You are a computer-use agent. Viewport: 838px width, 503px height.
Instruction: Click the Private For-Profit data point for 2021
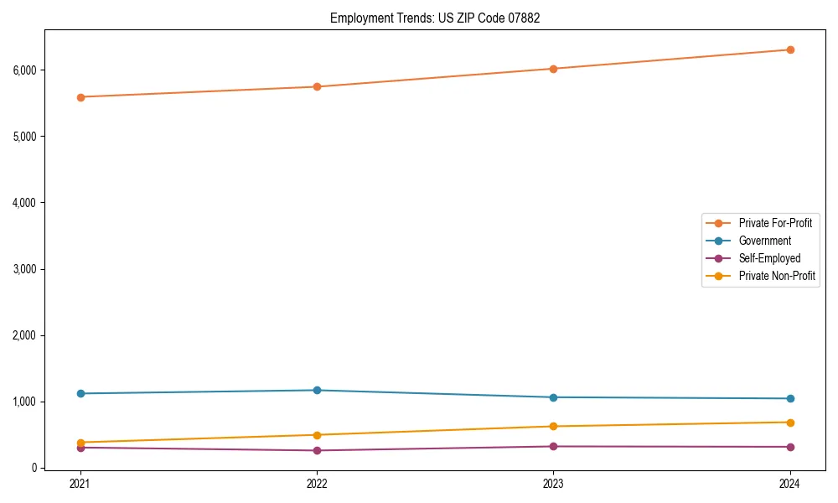coord(80,97)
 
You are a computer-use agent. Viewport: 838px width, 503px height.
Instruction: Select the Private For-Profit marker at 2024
coord(790,49)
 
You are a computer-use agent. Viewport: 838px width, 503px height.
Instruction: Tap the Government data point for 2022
coord(317,390)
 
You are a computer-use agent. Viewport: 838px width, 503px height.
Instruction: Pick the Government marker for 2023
coord(554,397)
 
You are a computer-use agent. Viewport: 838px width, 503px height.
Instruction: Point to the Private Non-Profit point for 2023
coord(554,426)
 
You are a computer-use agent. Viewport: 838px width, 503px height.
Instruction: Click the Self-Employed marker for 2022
coord(317,450)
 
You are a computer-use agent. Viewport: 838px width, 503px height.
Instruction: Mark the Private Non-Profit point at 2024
coord(790,423)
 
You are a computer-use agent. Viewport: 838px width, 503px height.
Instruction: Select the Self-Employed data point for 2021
coord(80,448)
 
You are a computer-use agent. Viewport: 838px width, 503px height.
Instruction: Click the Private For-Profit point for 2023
coord(554,69)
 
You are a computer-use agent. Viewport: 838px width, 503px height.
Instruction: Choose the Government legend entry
coord(764,241)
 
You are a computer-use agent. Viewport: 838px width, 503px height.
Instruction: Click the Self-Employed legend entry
coord(769,258)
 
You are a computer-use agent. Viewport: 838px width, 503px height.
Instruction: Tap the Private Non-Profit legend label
coord(777,276)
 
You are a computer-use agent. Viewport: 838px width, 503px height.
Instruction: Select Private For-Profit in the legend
coord(775,223)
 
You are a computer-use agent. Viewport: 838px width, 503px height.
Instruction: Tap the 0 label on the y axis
coord(34,468)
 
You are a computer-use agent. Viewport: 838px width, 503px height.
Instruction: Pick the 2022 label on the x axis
coord(317,483)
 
